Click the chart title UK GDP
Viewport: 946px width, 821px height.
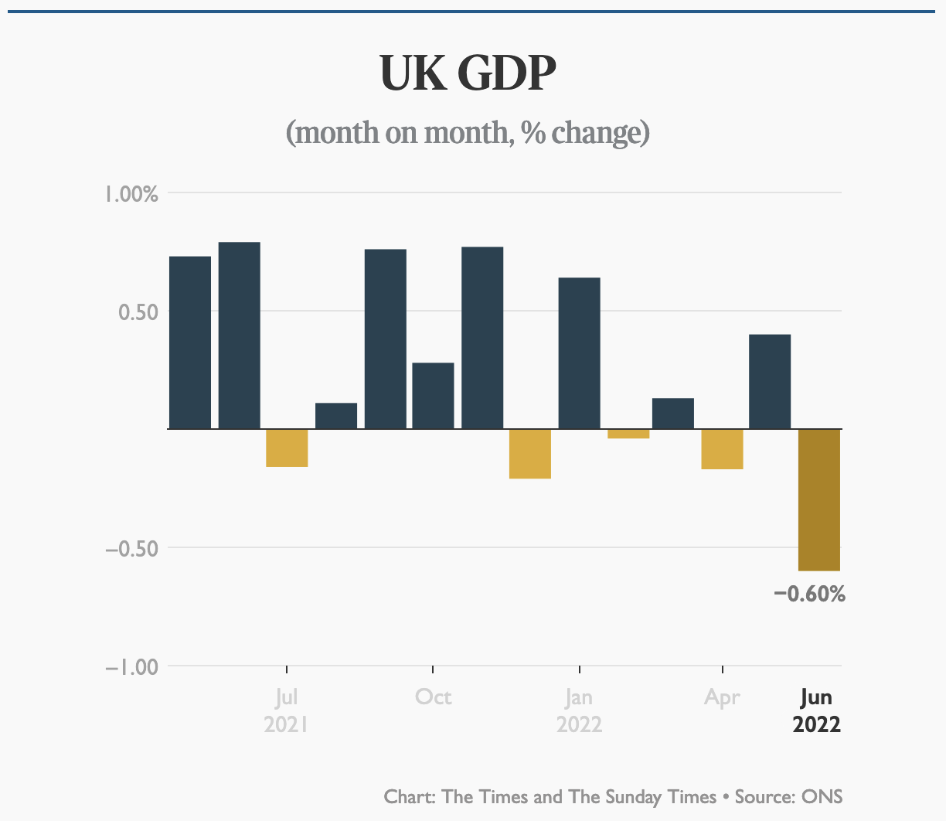468,74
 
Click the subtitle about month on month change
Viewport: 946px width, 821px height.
468,133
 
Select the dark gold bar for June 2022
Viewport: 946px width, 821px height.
819,499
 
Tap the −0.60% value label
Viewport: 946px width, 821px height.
809,594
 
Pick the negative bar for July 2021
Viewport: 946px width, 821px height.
287,448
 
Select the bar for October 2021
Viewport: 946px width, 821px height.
433,395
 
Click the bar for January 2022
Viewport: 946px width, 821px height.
579,353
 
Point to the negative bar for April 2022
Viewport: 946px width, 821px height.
722,449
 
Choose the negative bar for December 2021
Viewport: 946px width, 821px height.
530,454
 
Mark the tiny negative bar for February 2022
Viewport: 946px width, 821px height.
628,434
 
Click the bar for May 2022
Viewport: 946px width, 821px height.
770,381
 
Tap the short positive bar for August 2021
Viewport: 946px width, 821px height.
336,415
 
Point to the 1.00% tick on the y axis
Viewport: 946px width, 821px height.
131,193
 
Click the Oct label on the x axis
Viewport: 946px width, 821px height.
433,697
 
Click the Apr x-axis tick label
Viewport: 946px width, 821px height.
722,697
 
